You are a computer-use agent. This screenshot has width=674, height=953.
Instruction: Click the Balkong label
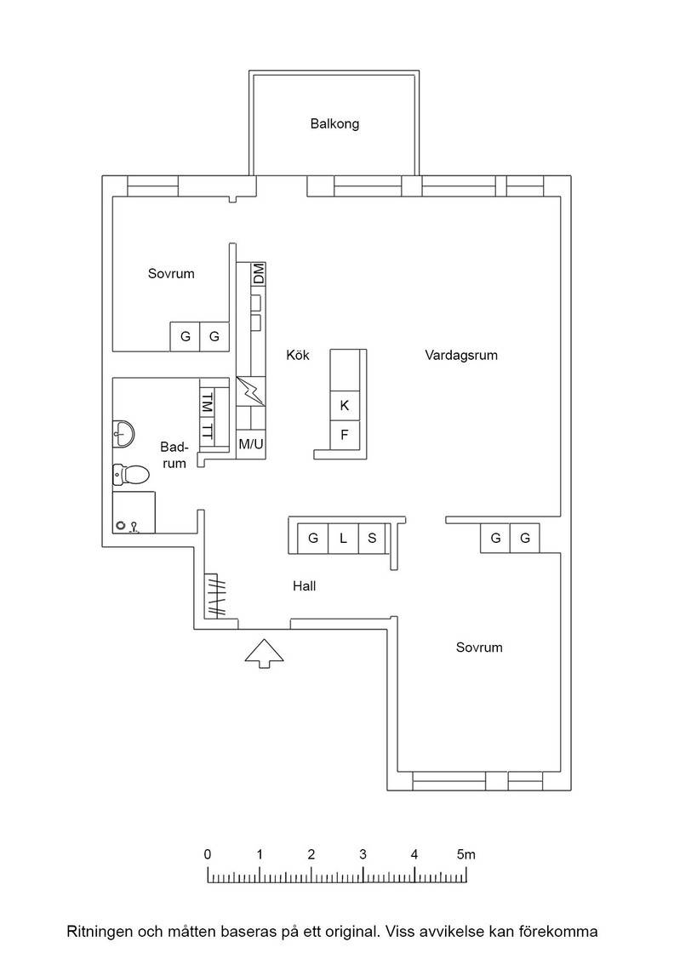[x=334, y=124]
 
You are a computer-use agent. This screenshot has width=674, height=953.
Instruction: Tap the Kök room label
[x=298, y=355]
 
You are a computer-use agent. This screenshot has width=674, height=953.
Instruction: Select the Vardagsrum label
[x=461, y=356]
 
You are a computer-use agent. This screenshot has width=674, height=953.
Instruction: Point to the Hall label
[x=305, y=586]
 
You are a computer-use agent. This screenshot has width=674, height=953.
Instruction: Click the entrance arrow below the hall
[x=265, y=653]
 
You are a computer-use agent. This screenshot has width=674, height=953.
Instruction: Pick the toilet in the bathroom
[x=131, y=475]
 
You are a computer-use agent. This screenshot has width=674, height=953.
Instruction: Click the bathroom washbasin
[x=123, y=434]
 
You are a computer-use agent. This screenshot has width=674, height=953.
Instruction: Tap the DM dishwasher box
[x=259, y=273]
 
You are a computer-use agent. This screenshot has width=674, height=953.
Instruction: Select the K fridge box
[x=345, y=406]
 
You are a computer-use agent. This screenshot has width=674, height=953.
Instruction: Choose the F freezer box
[x=345, y=435]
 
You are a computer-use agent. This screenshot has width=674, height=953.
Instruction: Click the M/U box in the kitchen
[x=251, y=444]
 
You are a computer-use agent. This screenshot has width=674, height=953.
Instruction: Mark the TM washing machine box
[x=208, y=402]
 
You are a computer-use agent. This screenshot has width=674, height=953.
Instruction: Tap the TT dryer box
[x=208, y=431]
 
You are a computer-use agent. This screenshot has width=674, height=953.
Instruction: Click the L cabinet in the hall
[x=343, y=538]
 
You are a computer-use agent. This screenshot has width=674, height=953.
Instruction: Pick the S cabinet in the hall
[x=372, y=538]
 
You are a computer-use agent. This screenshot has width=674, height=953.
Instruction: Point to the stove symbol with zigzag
[x=251, y=391]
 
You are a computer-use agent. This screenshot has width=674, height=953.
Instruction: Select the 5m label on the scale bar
[x=466, y=854]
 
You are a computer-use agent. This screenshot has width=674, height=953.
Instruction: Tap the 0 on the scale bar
[x=208, y=854]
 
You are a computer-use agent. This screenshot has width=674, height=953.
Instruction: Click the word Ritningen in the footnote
[x=99, y=932]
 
